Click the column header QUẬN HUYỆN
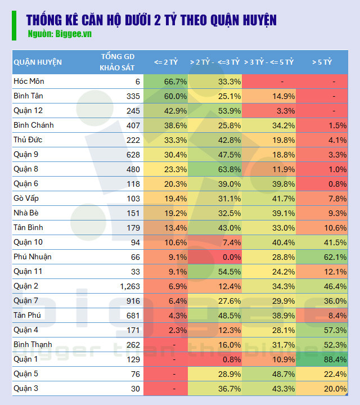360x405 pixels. pos(38,62)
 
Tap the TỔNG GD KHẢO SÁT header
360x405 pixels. pos(119,62)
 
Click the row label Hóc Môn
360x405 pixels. pos(29,81)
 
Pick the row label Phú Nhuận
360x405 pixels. pos(33,256)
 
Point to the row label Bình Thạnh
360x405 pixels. pos(33,344)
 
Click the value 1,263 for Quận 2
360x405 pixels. pos(127,286)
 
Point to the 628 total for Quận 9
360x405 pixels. pos(133,154)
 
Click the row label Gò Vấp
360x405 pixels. pos(27,198)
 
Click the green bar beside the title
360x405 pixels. pos(14,25)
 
